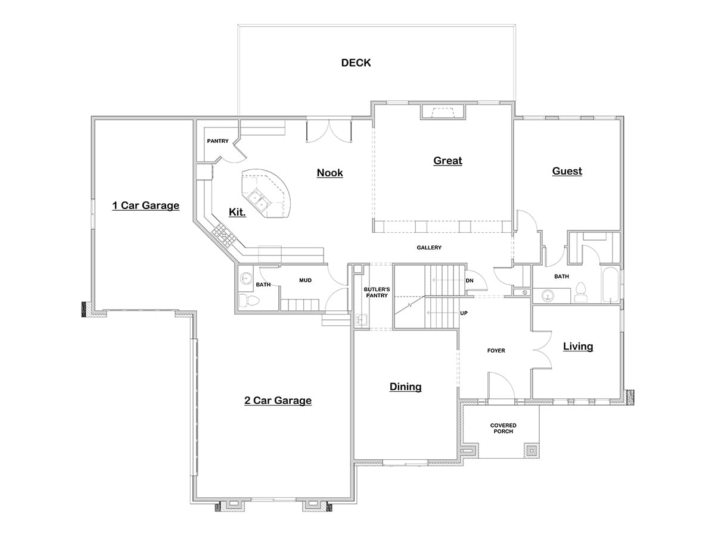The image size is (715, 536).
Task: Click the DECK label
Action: pyautogui.click(x=356, y=63)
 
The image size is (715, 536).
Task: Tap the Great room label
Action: pyautogui.click(x=447, y=160)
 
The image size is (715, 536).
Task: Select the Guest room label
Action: pyautogui.click(x=567, y=171)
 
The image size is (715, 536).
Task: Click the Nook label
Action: pyautogui.click(x=329, y=173)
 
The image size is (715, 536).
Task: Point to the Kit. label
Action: pyautogui.click(x=237, y=212)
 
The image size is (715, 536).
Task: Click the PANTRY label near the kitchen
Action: pyautogui.click(x=217, y=141)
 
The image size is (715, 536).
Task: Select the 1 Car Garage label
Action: pyautogui.click(x=146, y=205)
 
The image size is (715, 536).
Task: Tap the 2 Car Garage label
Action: pyautogui.click(x=278, y=400)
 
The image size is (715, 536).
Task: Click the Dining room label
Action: pyautogui.click(x=405, y=387)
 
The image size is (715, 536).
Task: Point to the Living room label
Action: pyautogui.click(x=578, y=346)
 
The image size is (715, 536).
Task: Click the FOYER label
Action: pyautogui.click(x=496, y=351)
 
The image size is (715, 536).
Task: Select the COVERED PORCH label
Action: pyautogui.click(x=503, y=428)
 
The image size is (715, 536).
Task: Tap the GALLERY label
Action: pyautogui.click(x=429, y=248)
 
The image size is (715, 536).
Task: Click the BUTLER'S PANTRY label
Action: pyautogui.click(x=376, y=292)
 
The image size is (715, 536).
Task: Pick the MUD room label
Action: pyautogui.click(x=305, y=280)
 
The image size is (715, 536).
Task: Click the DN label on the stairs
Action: pyautogui.click(x=470, y=281)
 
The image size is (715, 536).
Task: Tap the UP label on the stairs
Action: pyautogui.click(x=463, y=313)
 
